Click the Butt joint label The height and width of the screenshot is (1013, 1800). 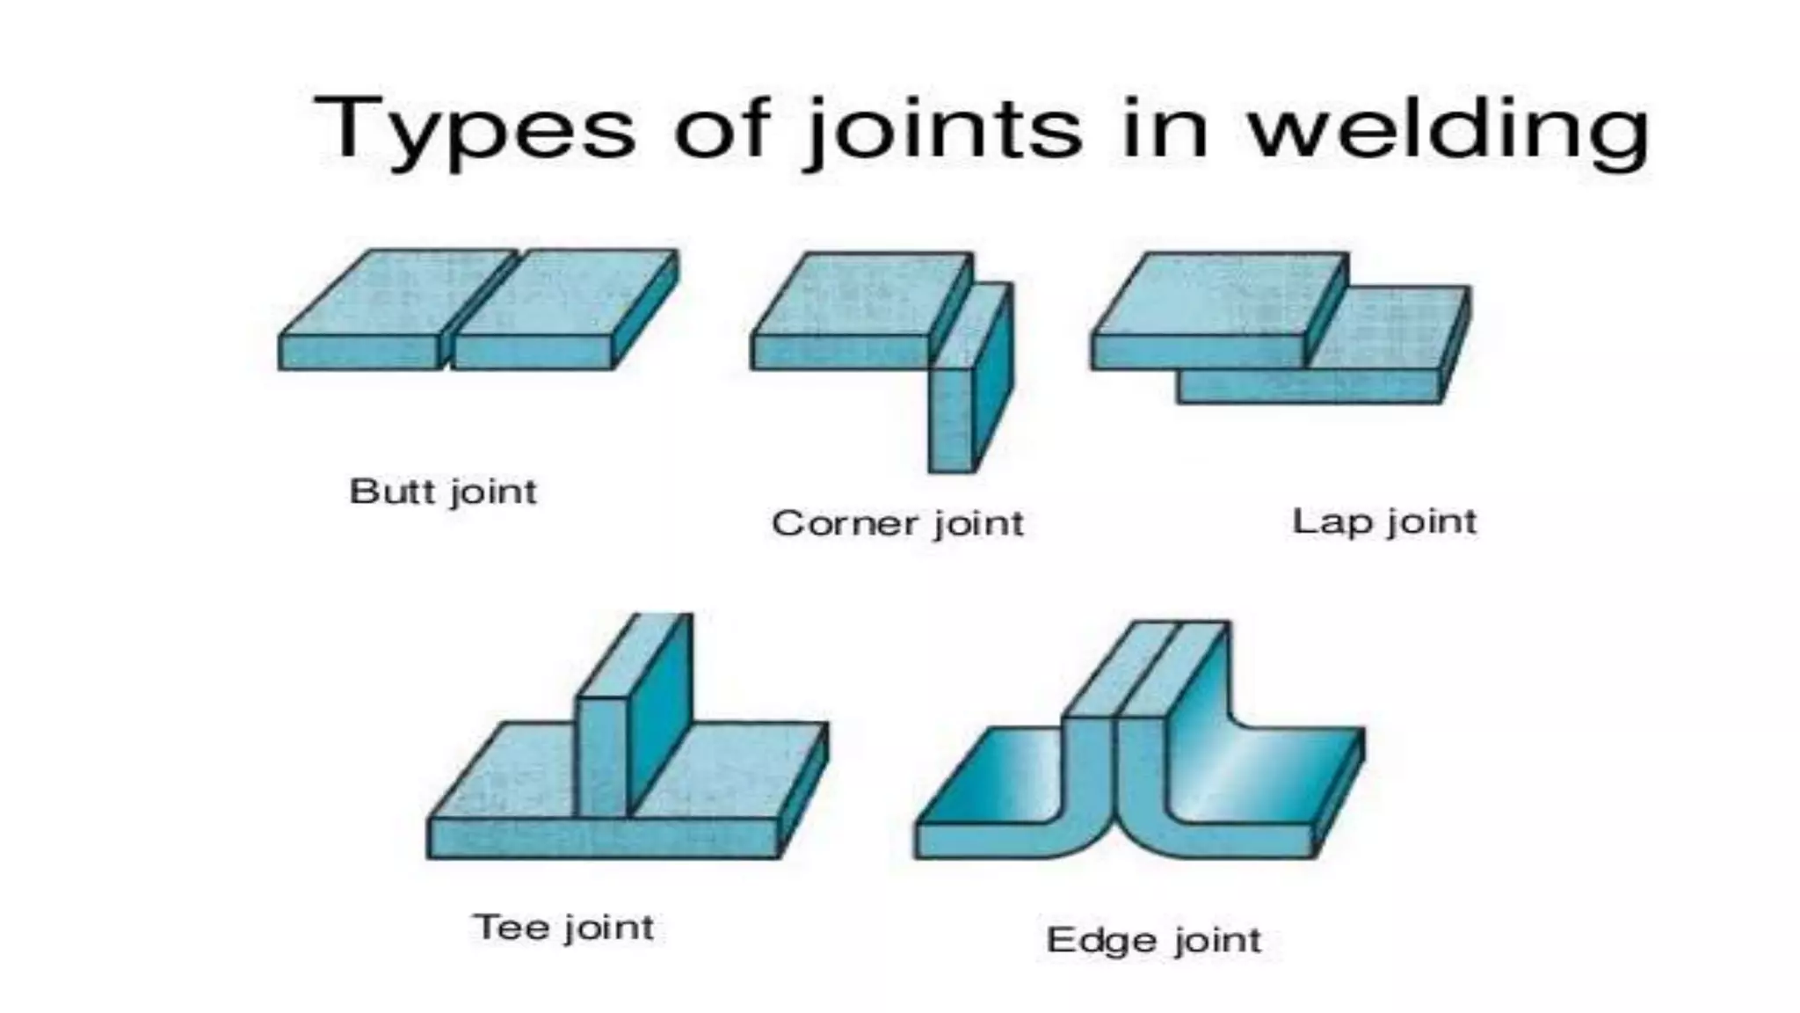point(443,492)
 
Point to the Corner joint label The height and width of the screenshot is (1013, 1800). point(897,523)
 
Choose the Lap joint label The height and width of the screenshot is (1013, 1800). point(1384,521)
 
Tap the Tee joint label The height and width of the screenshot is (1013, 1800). point(563,928)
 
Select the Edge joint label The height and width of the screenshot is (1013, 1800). point(1154,940)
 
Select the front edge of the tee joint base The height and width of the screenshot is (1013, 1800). point(603,839)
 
